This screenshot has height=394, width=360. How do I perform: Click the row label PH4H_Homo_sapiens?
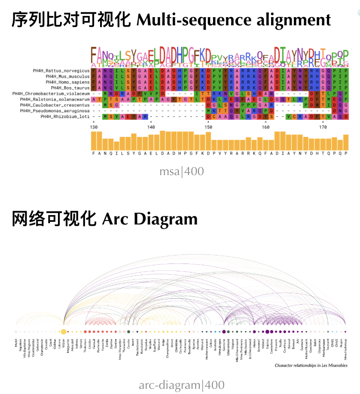(69, 82)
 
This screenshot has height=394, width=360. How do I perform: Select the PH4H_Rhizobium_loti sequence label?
(65, 116)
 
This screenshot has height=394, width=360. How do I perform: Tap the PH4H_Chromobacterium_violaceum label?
(51, 93)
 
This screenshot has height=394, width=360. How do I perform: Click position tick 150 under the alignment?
(208, 127)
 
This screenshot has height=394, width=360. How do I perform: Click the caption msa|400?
(182, 172)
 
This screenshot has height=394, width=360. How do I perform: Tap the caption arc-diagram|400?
(182, 385)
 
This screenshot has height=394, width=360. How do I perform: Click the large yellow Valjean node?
(64, 331)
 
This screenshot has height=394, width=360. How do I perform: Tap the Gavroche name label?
(225, 344)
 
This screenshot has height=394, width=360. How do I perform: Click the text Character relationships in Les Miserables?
(311, 366)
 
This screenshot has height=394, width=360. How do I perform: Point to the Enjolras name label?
(267, 343)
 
